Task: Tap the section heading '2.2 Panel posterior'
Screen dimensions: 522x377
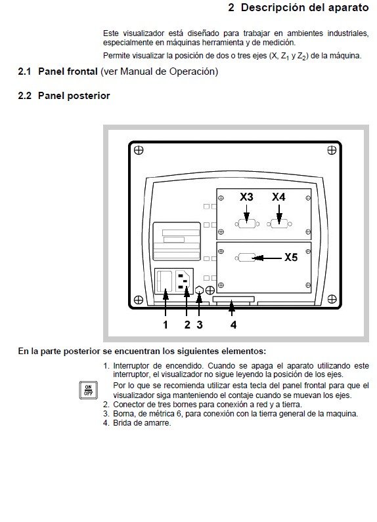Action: point(64,96)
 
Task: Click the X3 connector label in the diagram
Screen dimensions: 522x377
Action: point(246,197)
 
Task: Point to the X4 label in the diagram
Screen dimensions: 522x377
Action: point(279,197)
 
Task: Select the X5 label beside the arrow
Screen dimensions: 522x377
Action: point(291,258)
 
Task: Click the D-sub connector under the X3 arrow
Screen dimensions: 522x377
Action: point(247,224)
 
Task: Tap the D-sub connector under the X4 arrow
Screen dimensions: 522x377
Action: point(279,224)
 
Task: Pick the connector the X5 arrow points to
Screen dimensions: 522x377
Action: point(247,258)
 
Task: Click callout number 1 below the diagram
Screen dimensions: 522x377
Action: point(166,324)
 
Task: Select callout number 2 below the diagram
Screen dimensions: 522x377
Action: point(187,324)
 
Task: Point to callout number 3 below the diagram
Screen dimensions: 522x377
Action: point(200,324)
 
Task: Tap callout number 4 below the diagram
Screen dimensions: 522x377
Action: point(233,324)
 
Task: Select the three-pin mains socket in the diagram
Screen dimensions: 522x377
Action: point(184,282)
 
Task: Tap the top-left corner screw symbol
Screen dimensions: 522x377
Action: point(138,150)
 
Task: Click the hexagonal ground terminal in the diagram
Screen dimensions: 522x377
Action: point(199,290)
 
